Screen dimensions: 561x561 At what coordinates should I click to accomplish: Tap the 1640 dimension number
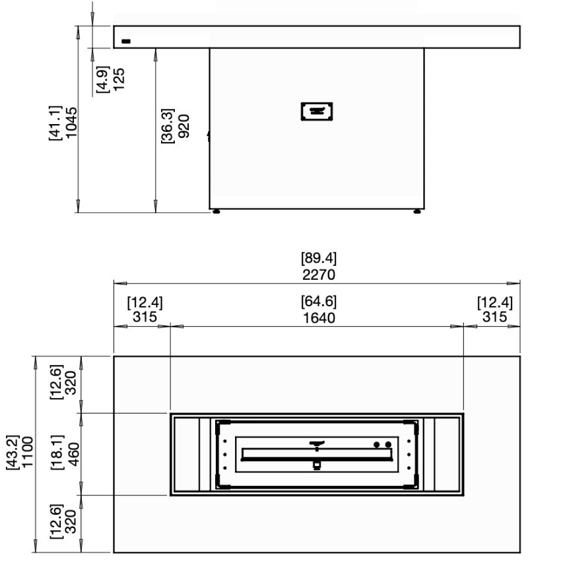coord(319,318)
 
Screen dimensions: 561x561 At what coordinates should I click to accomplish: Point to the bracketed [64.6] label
coord(319,302)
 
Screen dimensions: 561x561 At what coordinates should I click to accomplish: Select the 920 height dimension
coord(184,126)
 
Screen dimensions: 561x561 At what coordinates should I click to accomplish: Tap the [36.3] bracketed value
coord(168,126)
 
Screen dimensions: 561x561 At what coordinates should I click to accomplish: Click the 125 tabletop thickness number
coord(119,78)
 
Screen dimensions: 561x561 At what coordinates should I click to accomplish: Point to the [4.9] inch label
coord(103,78)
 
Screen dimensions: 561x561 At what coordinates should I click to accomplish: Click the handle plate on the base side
coord(317,111)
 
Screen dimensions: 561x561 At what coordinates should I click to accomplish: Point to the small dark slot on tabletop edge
coord(125,42)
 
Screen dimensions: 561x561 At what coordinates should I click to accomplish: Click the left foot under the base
coord(216,213)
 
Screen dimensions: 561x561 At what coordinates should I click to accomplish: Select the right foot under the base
coord(417,213)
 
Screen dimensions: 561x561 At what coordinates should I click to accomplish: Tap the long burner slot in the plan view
coord(318,454)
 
